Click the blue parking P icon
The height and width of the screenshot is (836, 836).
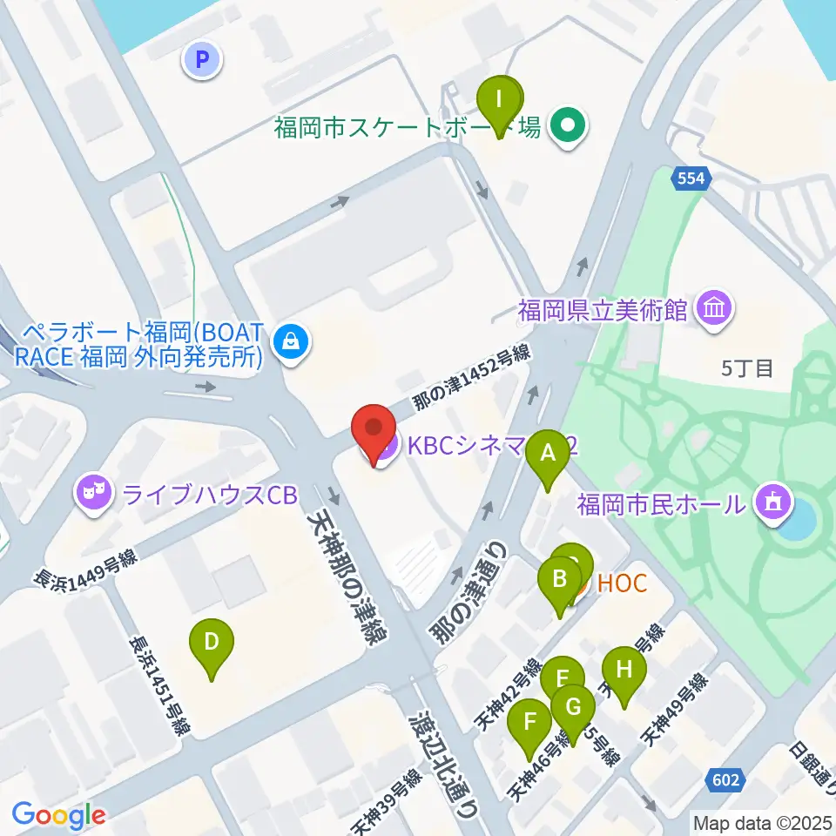202,60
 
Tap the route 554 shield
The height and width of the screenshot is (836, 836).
692,179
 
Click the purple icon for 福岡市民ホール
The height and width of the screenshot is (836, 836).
772,502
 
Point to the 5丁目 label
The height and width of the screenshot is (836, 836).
747,368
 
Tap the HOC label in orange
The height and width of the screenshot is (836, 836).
622,583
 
